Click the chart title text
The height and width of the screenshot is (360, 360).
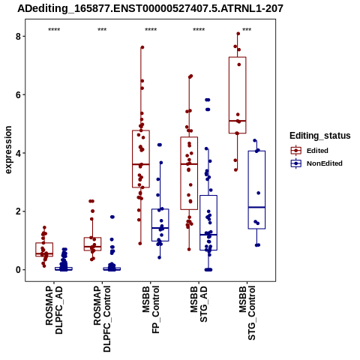(150, 9)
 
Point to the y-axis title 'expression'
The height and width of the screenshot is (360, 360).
(8, 150)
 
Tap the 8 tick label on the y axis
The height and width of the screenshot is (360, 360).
(18, 37)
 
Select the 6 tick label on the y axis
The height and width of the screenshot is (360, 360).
(18, 94)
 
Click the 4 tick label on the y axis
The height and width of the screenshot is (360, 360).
(18, 153)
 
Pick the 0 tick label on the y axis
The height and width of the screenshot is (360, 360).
(18, 270)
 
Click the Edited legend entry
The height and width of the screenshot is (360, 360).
(310, 151)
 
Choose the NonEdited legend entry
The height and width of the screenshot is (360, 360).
(316, 163)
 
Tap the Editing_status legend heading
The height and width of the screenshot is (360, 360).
(320, 136)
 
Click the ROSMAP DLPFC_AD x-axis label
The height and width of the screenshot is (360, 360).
(54, 310)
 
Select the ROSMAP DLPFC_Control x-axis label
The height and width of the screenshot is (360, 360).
(102, 319)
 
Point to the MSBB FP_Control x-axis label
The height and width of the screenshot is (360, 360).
(151, 310)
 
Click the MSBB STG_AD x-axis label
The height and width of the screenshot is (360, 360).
(199, 304)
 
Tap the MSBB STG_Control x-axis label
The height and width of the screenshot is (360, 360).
(247, 313)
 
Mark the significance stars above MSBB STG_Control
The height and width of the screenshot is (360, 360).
(247, 30)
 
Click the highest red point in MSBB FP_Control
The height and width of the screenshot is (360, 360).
(142, 47)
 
